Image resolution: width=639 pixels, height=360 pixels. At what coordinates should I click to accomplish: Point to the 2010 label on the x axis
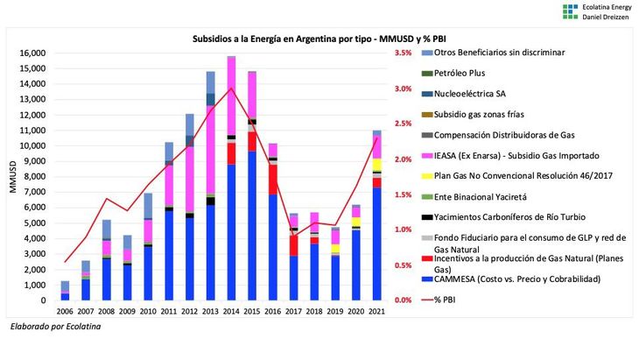coord(148,312)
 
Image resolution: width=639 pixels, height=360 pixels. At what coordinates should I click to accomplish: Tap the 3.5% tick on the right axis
coord(403,53)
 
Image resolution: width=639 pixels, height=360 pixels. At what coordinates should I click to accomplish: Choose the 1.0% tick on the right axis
coord(403,229)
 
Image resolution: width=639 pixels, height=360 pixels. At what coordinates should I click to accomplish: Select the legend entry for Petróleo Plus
coord(467,73)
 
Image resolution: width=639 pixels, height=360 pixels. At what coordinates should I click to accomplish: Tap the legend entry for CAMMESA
coord(521,279)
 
